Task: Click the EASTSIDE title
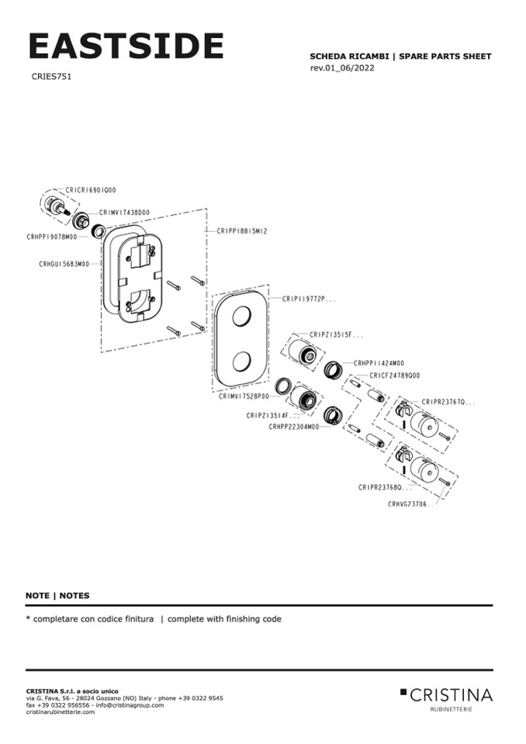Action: (126, 47)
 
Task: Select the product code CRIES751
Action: (52, 77)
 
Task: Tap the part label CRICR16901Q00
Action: (92, 189)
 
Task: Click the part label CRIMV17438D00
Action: (124, 212)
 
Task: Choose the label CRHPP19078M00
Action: (51, 237)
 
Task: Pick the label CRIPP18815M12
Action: (242, 230)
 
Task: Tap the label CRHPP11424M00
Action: (379, 362)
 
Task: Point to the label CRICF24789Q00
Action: (394, 375)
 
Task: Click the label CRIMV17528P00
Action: (244, 396)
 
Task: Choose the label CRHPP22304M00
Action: (294, 427)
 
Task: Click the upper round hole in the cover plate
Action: (241, 317)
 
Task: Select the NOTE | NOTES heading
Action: (57, 596)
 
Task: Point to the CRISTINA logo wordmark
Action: (451, 694)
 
